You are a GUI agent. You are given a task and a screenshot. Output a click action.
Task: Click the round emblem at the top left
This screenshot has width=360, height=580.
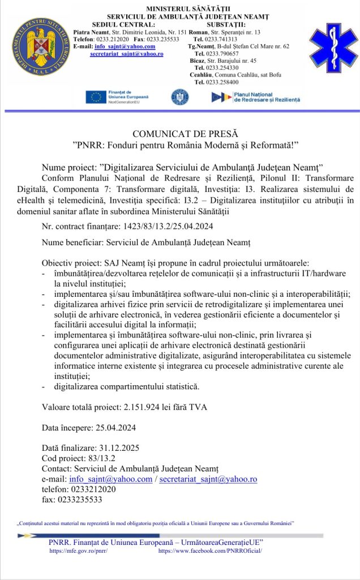[x=38, y=48]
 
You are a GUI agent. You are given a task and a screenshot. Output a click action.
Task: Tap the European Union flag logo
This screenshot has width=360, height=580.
[x=96, y=97]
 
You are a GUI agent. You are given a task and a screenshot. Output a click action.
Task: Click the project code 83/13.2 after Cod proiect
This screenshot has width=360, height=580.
[x=100, y=458]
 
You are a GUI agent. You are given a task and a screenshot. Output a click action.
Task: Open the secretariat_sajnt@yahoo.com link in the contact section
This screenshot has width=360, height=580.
[x=208, y=479]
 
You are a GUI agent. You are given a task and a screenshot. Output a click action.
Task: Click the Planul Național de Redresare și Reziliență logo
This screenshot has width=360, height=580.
[x=255, y=97]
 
